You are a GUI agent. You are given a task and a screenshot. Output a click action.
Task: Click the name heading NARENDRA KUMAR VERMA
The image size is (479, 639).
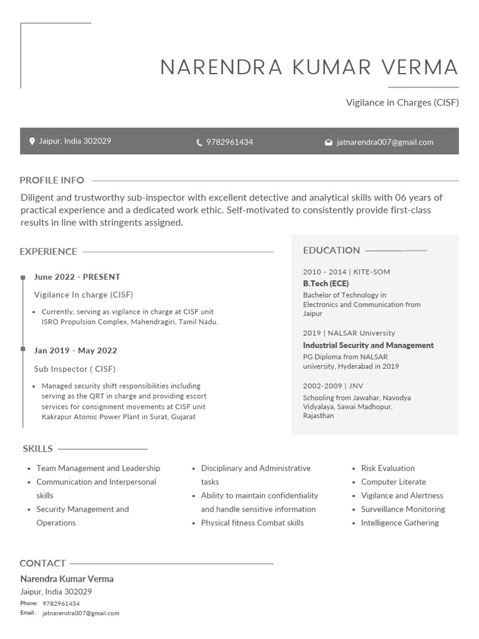coord(309,67)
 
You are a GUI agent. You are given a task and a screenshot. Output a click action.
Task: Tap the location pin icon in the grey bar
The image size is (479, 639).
coord(32,142)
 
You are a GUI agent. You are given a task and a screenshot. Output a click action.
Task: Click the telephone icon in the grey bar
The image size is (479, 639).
coord(200,142)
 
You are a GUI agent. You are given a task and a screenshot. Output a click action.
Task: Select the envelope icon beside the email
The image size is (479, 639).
coord(329,142)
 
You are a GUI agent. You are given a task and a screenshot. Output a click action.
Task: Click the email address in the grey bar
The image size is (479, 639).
coord(385,142)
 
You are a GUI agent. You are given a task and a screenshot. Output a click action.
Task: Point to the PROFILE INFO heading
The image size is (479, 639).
coord(52,180)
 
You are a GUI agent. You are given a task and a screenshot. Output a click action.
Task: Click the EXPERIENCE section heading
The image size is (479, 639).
coord(48,251)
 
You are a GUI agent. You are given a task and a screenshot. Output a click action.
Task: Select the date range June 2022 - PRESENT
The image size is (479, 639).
coord(77,276)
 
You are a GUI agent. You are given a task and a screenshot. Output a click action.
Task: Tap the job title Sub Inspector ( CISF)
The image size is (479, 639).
coord(75,369)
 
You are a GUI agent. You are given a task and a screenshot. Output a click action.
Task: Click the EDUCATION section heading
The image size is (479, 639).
coord(331,250)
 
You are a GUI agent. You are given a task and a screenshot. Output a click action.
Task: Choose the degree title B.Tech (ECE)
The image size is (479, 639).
coord(326,283)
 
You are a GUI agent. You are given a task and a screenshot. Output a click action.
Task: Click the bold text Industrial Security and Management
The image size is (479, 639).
coord(368,345)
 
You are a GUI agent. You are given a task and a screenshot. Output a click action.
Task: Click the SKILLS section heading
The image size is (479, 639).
coord(37,449)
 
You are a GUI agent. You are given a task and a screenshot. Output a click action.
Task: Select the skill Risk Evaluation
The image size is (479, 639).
coord(387,468)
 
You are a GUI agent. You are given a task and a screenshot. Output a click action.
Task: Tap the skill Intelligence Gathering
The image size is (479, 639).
coord(400,523)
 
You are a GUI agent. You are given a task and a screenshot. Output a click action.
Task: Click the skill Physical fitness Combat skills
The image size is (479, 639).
coord(252,523)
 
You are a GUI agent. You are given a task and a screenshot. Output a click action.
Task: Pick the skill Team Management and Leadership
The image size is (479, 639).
coord(98,468)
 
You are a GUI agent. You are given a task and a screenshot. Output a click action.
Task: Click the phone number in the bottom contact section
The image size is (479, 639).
coord(60,603)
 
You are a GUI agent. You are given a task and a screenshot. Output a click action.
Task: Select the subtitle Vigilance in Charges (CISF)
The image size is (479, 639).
coord(402,102)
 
